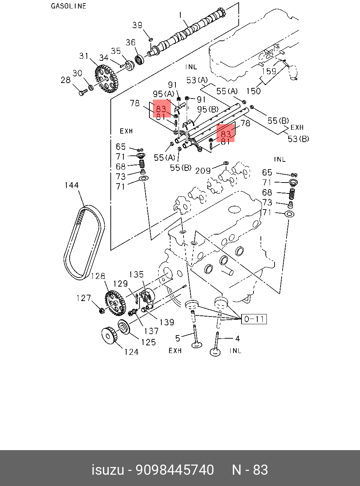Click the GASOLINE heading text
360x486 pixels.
click(69, 6)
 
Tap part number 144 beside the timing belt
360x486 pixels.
click(71, 185)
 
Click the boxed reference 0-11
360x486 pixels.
click(254, 319)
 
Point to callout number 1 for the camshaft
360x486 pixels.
click(181, 15)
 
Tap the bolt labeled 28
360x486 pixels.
click(83, 93)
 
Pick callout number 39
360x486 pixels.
click(137, 25)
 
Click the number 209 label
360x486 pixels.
click(203, 171)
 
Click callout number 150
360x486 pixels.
click(253, 91)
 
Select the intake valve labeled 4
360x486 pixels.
click(216, 345)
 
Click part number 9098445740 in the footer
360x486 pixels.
click(175, 470)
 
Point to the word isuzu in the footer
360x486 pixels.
click(108, 470)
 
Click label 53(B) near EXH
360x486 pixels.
click(298, 139)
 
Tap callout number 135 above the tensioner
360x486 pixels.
click(136, 274)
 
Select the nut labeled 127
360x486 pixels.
click(101, 311)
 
